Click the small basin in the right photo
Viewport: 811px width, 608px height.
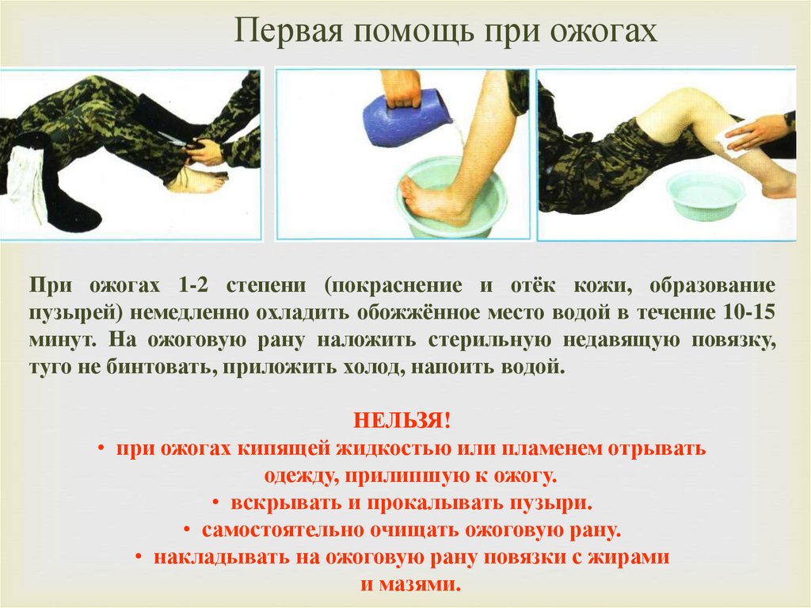[x=705, y=194]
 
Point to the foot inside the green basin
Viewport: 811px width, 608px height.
[x=435, y=200]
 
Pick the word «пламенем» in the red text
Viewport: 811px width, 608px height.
[x=552, y=448]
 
